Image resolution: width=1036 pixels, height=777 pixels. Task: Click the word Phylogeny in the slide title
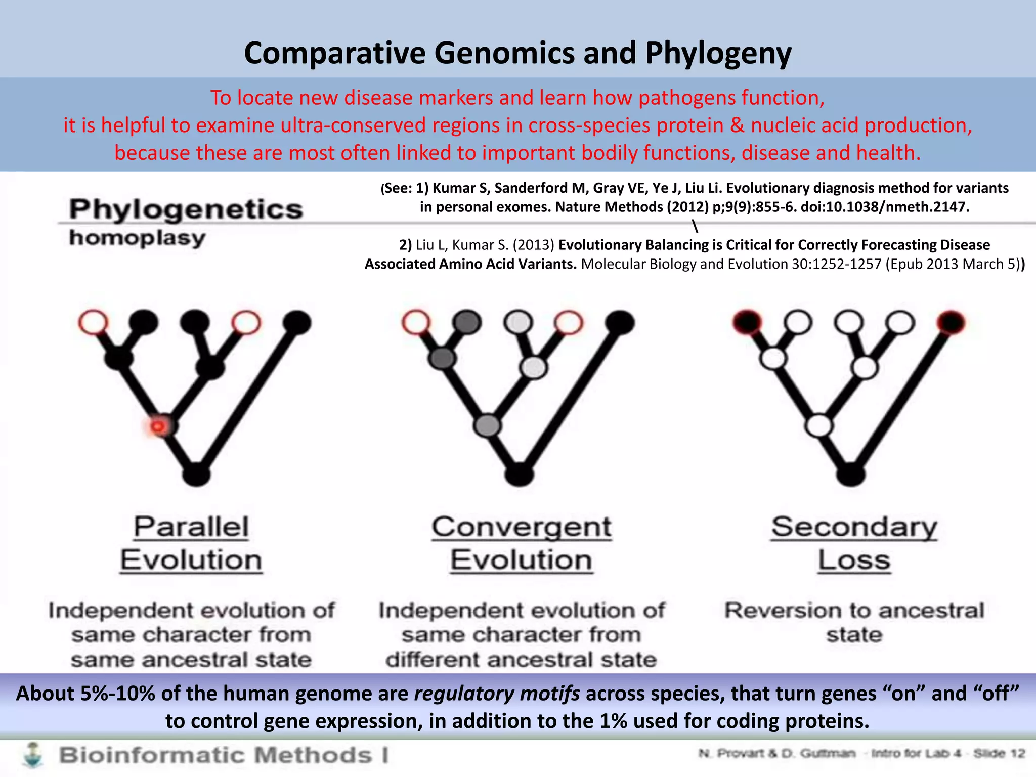[718, 54]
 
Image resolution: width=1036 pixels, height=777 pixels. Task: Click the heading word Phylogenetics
[186, 209]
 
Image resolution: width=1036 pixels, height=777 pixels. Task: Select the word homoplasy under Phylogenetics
[137, 238]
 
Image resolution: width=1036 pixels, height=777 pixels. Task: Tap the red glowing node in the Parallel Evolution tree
[159, 426]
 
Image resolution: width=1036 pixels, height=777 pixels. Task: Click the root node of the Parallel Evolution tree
[196, 474]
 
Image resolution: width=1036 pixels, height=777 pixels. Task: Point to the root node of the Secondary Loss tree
[851, 474]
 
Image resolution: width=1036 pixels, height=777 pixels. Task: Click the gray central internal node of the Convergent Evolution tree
[487, 425]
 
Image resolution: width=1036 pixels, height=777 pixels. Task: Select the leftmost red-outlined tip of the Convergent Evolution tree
[416, 322]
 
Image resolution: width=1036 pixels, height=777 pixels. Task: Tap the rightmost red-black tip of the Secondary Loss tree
[951, 322]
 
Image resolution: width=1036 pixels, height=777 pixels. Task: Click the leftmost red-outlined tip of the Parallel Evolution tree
[93, 322]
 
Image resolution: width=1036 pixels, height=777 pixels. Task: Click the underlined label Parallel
[191, 527]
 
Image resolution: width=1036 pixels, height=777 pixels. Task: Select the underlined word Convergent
[521, 527]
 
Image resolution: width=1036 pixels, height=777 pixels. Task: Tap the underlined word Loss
[854, 560]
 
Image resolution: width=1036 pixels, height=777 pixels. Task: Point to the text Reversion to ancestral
[854, 611]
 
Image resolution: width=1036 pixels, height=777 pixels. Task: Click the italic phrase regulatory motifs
[497, 693]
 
